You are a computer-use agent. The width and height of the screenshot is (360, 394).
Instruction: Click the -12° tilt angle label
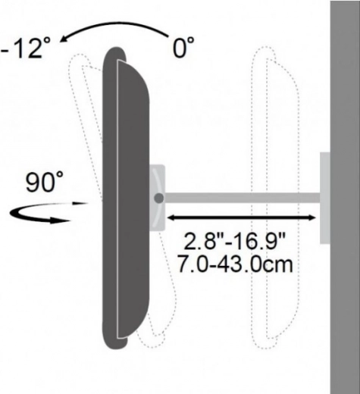24,48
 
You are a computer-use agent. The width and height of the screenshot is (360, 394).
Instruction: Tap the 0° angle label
183,47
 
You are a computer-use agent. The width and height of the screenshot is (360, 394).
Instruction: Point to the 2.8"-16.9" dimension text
234,242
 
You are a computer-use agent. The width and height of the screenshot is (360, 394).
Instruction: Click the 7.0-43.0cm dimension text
236,264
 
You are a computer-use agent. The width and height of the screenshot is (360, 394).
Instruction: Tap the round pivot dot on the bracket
158,199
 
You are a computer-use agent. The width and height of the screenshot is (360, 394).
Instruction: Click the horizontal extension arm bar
242,198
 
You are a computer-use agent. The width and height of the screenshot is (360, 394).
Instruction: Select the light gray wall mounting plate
325,198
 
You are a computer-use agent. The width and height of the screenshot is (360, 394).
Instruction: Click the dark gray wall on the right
345,197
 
